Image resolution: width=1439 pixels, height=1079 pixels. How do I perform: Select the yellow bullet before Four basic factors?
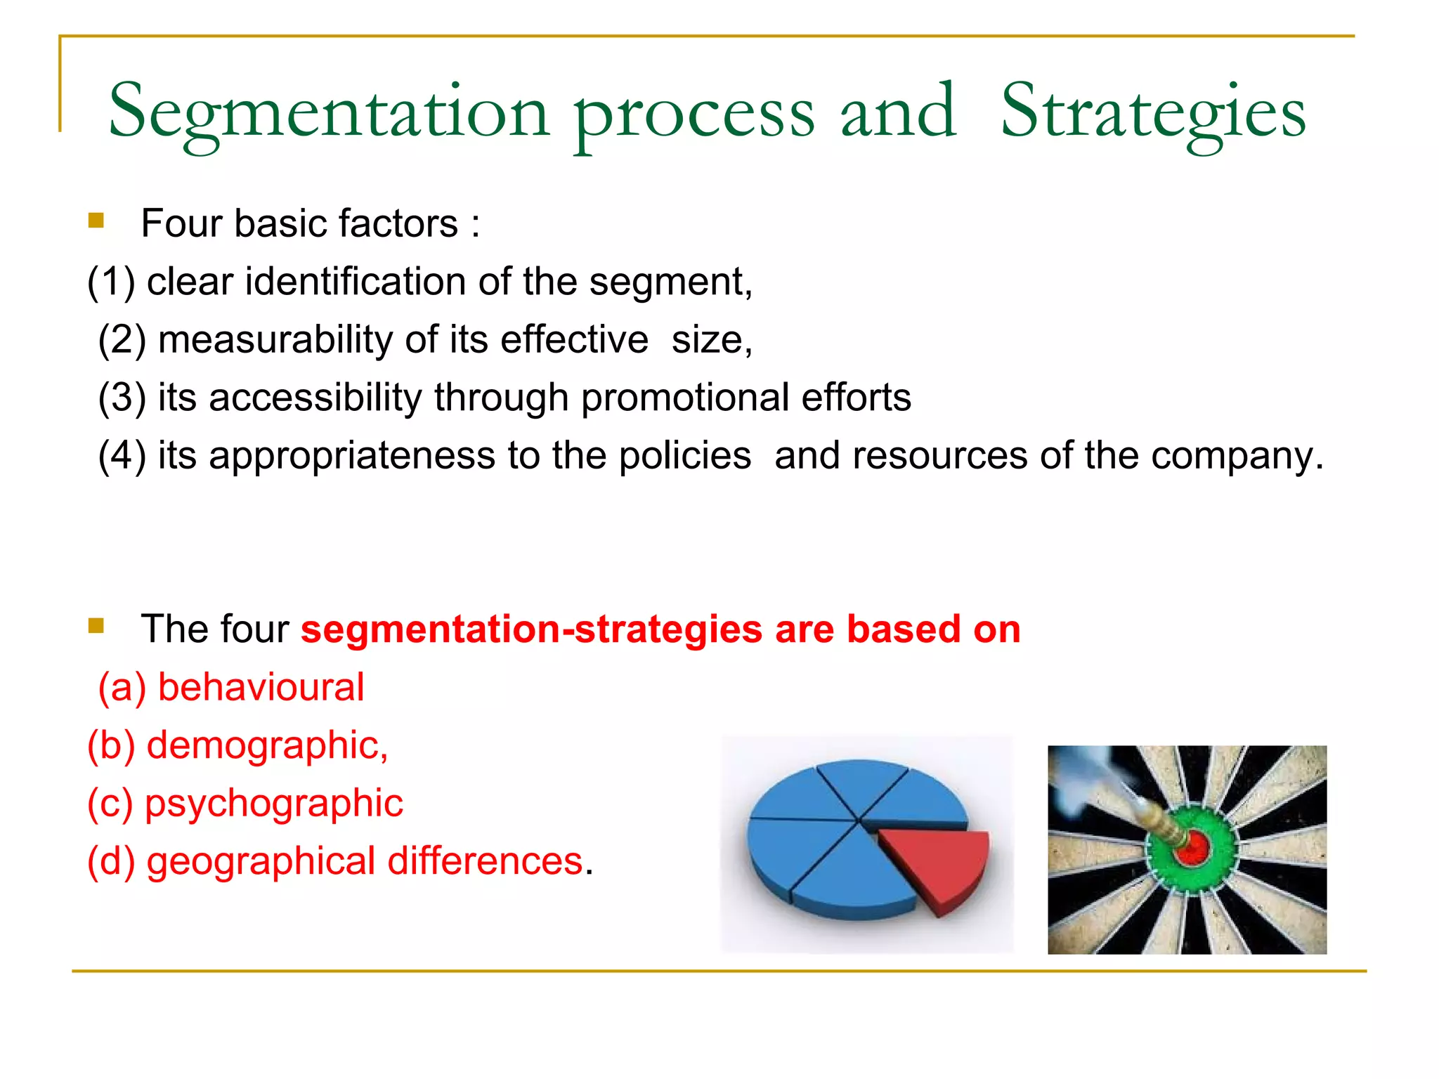point(96,221)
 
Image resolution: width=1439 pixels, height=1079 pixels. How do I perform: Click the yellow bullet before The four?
point(96,625)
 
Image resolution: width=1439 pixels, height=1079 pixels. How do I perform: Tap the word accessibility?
point(315,398)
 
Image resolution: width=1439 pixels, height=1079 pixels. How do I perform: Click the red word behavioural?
point(261,687)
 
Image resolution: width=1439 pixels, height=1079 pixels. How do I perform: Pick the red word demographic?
point(266,745)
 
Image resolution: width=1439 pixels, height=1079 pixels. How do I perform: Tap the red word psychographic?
point(273,804)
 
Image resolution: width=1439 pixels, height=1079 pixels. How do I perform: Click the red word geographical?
point(261,861)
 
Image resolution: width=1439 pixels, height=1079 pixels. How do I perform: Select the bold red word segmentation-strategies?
point(531,629)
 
